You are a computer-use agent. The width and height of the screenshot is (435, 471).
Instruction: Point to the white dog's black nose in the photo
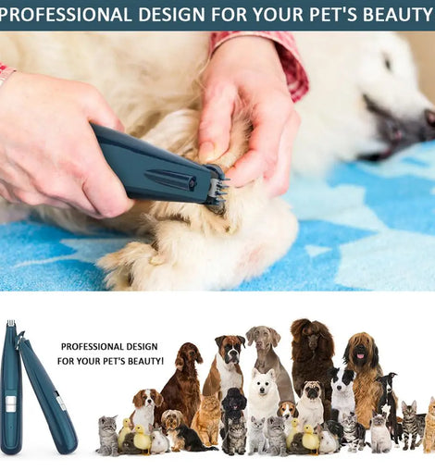click(x=429, y=118)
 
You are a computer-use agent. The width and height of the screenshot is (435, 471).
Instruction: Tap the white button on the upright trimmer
click(x=10, y=403)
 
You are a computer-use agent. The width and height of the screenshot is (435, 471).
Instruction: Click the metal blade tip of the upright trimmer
click(x=11, y=323)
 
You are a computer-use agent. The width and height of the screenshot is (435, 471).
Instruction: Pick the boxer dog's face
click(x=230, y=348)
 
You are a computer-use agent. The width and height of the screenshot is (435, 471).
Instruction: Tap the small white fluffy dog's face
click(x=263, y=382)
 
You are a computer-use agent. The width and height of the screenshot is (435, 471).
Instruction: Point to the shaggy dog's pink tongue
click(x=360, y=356)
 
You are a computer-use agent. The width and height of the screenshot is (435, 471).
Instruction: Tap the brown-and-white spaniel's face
click(x=147, y=401)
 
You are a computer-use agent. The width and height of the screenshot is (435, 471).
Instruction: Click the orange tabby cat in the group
click(x=206, y=419)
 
